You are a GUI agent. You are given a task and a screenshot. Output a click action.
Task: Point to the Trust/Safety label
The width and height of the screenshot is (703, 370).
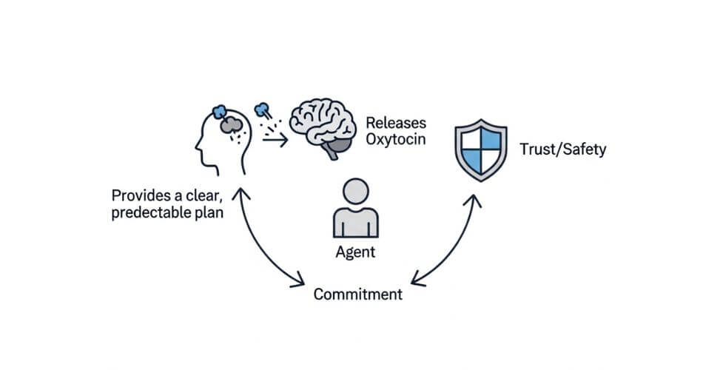coord(562,149)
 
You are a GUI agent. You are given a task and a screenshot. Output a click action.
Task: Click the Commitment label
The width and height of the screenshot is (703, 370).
coord(358,294)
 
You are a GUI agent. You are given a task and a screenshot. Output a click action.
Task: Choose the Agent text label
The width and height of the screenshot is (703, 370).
coord(355,252)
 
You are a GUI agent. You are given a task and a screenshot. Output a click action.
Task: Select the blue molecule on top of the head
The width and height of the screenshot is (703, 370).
coord(220,112)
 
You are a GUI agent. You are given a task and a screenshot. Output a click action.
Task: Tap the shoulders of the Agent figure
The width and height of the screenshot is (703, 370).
coord(355,223)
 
